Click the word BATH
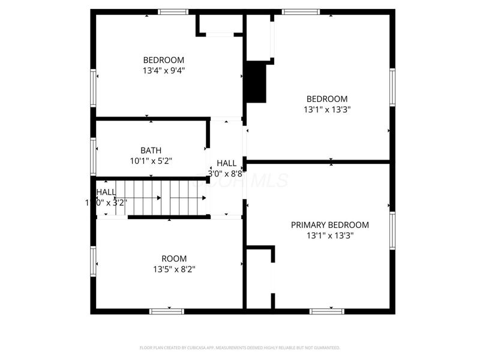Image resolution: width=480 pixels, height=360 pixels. (151, 151)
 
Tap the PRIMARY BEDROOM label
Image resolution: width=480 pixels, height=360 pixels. (329, 225)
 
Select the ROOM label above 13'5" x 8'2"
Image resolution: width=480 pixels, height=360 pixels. (173, 259)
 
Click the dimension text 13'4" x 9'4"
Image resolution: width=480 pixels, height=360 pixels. (164, 70)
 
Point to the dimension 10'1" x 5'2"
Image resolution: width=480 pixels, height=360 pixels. (151, 161)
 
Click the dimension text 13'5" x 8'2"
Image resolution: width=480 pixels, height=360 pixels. (173, 269)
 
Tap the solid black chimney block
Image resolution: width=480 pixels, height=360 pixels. (257, 83)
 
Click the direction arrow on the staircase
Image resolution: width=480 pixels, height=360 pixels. (158, 197)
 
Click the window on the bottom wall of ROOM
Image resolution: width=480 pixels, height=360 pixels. (166, 311)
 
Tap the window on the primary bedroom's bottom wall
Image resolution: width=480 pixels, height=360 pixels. (327, 311)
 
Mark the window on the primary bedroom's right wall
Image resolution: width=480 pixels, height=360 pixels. (392, 230)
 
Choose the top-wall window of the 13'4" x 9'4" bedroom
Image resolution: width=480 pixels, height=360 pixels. (173, 11)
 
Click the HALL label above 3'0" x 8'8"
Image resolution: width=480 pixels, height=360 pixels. (226, 163)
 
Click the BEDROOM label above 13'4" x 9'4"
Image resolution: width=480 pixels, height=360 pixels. (164, 60)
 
